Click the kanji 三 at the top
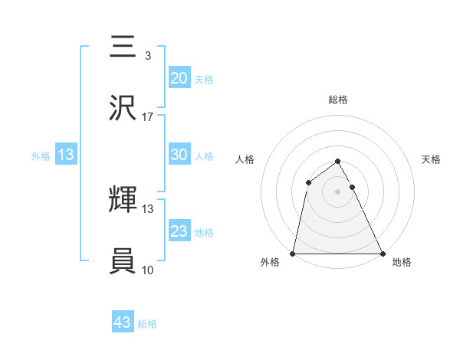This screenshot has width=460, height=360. click(x=123, y=47)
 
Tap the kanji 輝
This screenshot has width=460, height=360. click(x=123, y=200)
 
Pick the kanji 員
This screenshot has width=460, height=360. click(x=123, y=261)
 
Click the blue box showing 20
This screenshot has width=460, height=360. click(x=179, y=77)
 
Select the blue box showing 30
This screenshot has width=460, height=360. click(x=179, y=154)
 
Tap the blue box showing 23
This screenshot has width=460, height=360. click(x=179, y=231)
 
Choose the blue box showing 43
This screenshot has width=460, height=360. click(x=123, y=322)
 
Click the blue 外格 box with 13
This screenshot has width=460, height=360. click(x=66, y=155)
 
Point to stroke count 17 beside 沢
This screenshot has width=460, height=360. click(x=148, y=116)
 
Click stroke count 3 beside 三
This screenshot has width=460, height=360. click(x=148, y=55)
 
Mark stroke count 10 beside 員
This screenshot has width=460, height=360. click(x=148, y=270)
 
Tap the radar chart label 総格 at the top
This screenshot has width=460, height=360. click(x=338, y=100)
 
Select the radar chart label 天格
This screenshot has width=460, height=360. click(x=432, y=159)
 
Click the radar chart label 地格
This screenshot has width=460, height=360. click(x=402, y=263)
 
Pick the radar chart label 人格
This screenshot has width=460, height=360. click(x=245, y=159)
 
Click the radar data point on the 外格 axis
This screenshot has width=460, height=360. click(x=293, y=253)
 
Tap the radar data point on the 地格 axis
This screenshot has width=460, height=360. click(x=383, y=253)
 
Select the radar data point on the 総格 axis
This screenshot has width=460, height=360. click(x=338, y=162)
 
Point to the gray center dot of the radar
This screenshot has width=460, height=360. click(x=338, y=191)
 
